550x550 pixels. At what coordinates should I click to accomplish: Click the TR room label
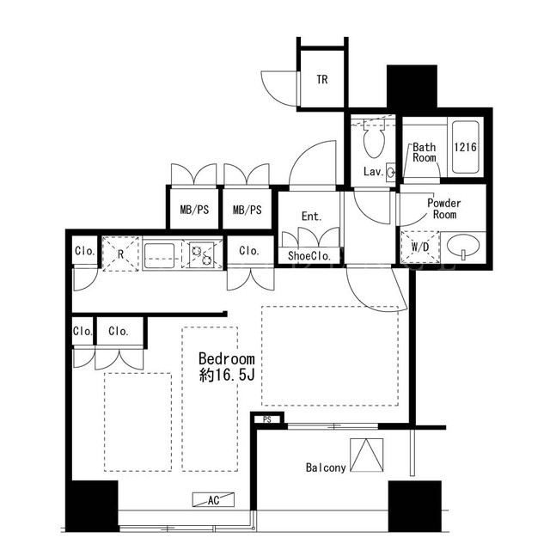point(322,80)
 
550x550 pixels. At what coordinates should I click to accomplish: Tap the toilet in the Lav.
point(374,139)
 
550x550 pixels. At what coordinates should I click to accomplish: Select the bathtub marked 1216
point(466,147)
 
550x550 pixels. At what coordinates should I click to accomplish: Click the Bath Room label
point(424,152)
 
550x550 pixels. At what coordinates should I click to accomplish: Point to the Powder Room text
point(444,209)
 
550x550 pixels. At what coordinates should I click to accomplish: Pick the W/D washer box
point(420,247)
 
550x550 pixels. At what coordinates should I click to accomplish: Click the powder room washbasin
point(463,246)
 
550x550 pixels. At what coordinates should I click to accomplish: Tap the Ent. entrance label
point(311,216)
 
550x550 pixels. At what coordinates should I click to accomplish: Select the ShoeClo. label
point(309,256)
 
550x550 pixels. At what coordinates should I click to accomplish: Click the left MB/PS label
point(194,210)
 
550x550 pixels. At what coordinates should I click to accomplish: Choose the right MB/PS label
point(247,210)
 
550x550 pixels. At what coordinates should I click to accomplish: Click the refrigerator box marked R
point(120,254)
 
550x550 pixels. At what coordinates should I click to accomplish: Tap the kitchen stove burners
point(202,255)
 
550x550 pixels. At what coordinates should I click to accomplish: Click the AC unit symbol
point(213,499)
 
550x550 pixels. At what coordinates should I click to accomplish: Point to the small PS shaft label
point(267,419)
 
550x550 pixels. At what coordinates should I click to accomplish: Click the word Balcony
point(326,467)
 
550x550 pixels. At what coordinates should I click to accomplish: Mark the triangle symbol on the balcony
point(367,455)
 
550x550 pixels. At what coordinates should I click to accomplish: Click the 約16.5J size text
point(227,376)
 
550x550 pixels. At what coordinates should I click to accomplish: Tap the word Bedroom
point(227,359)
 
